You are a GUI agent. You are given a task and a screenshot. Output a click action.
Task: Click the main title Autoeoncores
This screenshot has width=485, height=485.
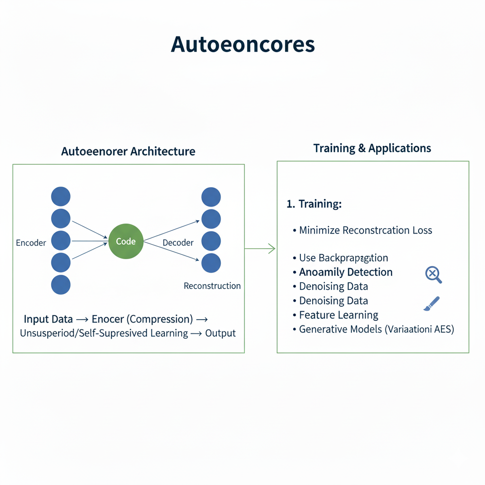tap(242, 45)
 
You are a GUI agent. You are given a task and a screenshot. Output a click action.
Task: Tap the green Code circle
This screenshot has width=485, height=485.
tap(126, 242)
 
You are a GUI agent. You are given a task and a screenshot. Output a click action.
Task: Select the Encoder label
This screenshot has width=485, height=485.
tap(31, 243)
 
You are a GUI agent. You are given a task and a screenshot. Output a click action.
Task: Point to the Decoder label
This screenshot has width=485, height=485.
tap(178, 243)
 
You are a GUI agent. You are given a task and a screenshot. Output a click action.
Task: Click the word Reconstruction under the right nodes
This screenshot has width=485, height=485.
tap(212, 286)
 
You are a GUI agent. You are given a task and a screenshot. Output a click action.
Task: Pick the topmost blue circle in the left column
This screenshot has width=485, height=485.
tap(61, 196)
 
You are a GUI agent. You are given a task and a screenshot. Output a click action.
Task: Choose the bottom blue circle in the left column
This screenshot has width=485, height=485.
tap(61, 285)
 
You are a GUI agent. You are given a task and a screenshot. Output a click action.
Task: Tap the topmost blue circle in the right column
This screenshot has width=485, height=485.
tap(211, 197)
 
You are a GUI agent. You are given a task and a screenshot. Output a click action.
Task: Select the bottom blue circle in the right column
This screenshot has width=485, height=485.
tap(211, 263)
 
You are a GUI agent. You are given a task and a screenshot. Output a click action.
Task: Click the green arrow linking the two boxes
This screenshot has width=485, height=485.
tap(260, 248)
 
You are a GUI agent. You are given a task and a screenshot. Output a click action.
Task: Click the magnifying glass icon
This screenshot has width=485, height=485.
tap(433, 274)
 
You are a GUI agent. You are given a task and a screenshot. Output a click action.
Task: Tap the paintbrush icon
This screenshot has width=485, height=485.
tap(431, 304)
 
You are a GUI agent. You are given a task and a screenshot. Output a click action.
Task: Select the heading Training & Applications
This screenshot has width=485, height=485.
tap(372, 148)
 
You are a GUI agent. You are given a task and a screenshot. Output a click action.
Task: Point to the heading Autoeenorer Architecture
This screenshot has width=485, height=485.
tap(128, 152)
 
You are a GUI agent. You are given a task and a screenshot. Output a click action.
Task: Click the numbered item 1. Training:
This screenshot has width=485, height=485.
tap(314, 204)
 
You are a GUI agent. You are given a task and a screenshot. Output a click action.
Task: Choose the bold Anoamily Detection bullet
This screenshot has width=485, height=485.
tap(346, 272)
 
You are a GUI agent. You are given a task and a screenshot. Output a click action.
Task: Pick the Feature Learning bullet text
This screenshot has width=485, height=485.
tap(339, 315)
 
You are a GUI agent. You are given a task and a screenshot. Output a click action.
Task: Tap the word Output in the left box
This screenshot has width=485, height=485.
tap(220, 333)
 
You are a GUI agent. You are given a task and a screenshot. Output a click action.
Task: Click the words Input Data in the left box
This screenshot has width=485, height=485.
tap(48, 319)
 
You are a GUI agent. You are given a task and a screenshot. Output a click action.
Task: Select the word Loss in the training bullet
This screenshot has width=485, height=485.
tap(422, 231)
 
